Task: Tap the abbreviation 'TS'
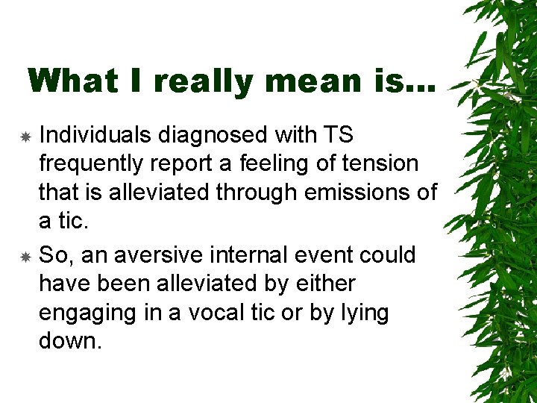pyautogui.click(x=339, y=135)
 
